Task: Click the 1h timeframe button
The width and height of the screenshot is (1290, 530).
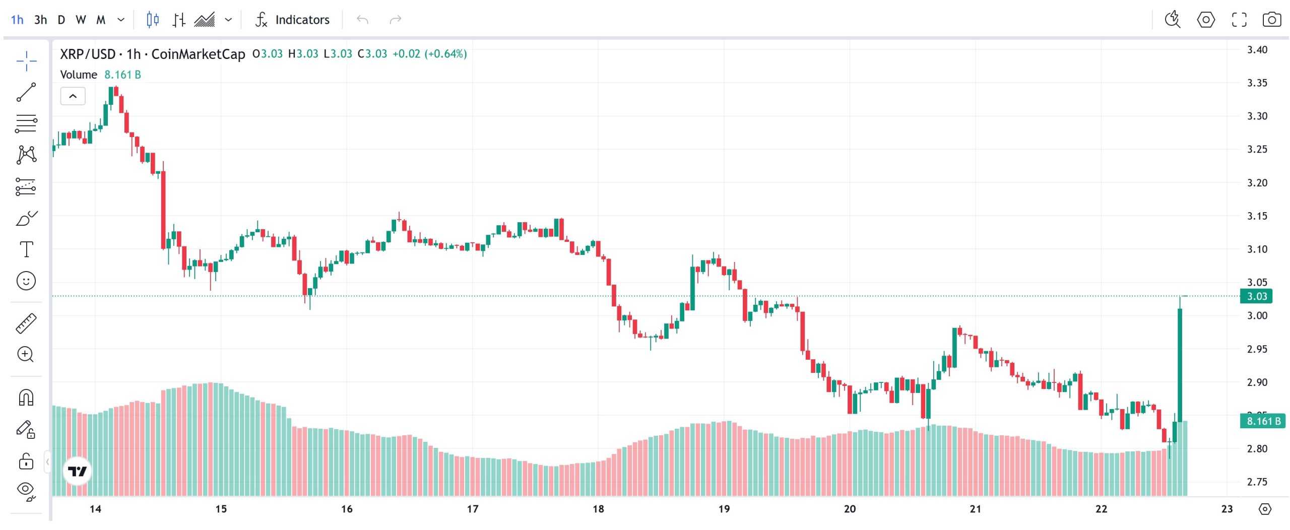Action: point(17,20)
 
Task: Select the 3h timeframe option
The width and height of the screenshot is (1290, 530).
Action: point(40,20)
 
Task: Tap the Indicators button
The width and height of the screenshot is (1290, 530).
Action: point(293,20)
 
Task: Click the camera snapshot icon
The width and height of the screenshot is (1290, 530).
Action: point(1271,20)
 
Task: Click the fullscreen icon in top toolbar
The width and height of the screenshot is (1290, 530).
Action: point(1239,20)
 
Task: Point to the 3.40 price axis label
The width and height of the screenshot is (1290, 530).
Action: point(1257,49)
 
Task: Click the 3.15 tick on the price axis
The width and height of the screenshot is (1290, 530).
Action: point(1257,216)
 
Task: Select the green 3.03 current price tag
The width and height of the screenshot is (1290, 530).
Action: point(1256,296)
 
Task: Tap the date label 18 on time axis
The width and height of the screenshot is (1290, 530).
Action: point(598,509)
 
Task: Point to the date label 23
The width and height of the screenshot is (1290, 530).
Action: point(1227,509)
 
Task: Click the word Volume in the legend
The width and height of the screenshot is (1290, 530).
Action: point(79,75)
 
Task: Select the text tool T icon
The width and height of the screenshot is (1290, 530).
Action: point(26,249)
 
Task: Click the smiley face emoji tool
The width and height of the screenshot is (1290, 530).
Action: point(26,281)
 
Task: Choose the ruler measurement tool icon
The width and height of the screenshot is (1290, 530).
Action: point(26,323)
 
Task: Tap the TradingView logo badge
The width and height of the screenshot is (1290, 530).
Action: point(77,471)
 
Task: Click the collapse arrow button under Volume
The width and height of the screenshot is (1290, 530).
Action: point(73,96)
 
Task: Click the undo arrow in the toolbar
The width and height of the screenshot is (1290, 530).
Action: point(362,20)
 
